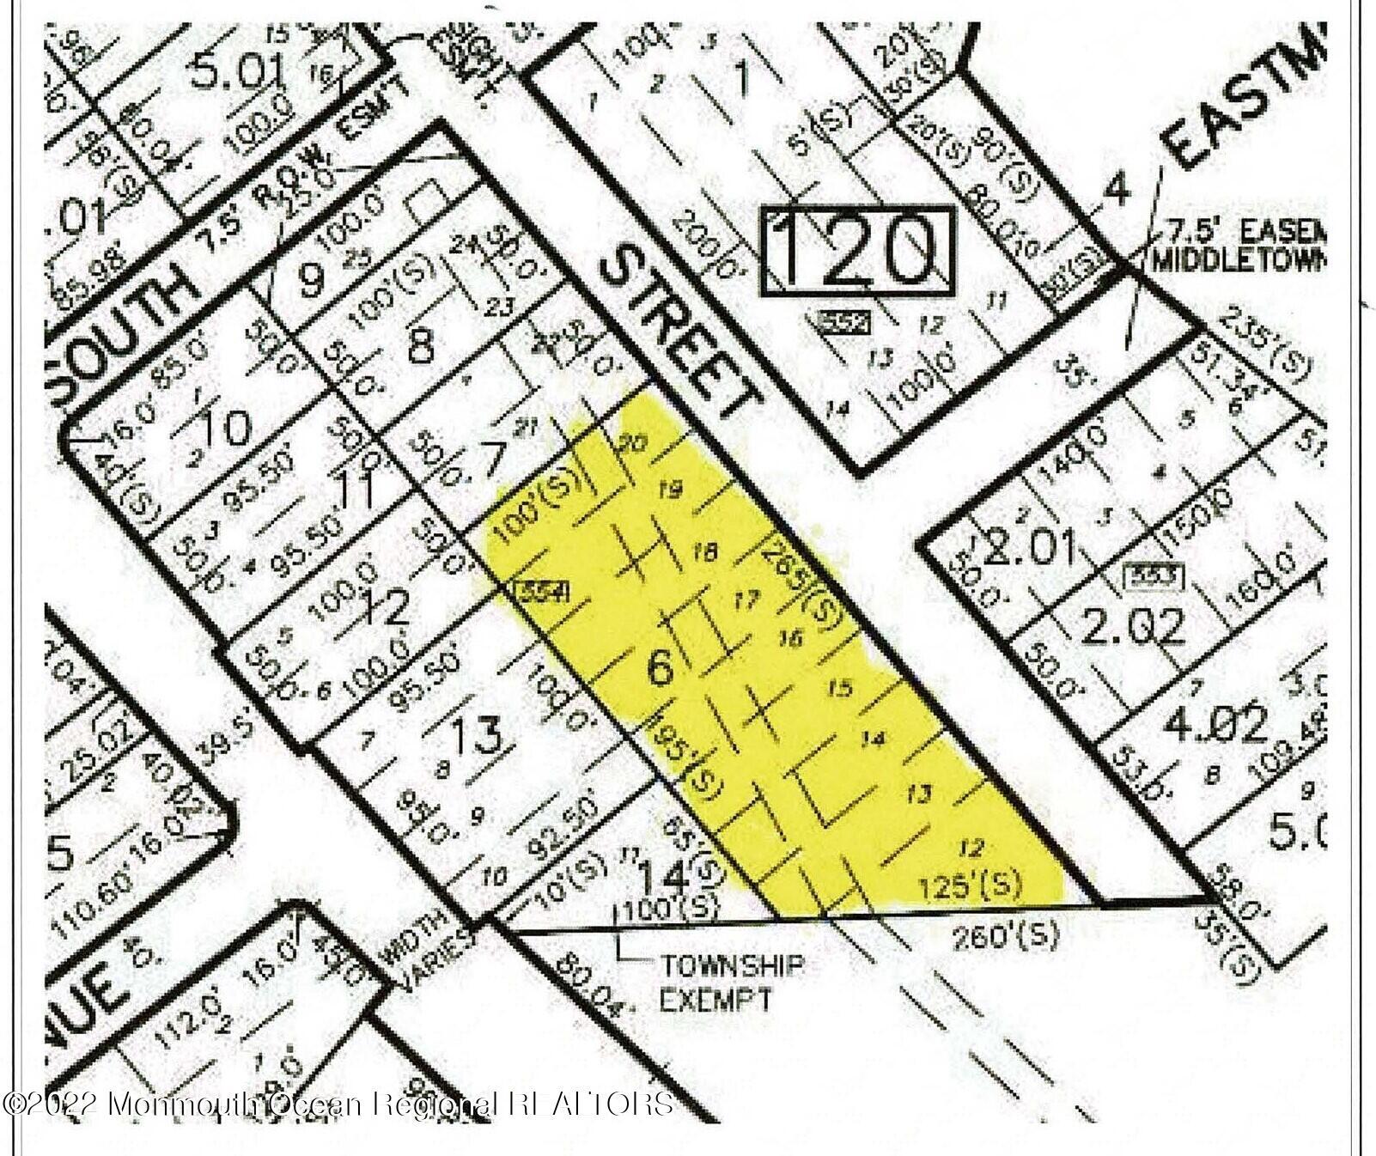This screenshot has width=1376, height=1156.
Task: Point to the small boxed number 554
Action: click(x=529, y=592)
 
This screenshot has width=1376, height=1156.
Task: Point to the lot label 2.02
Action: click(x=1132, y=625)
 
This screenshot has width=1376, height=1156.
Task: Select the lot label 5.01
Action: click(x=236, y=74)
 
